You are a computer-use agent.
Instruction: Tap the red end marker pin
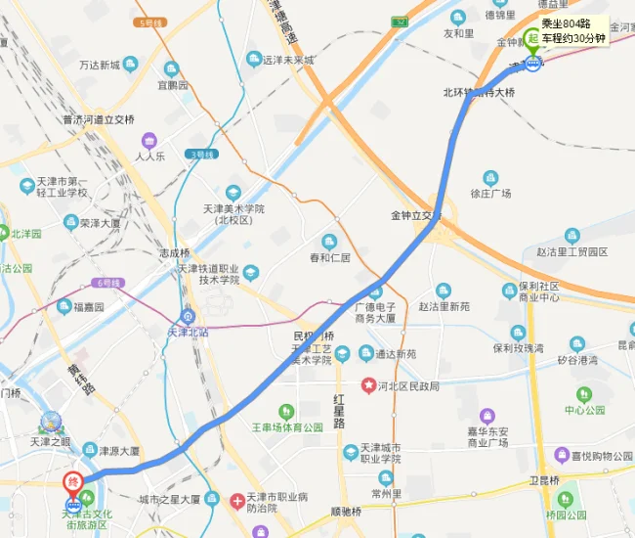click(x=73, y=483)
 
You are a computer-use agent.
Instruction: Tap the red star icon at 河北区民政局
click(x=369, y=385)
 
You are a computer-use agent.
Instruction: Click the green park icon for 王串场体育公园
click(x=287, y=412)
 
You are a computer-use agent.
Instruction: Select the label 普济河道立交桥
click(x=99, y=120)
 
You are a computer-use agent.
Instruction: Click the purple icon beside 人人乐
click(x=149, y=140)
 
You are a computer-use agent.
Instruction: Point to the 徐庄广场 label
click(x=490, y=193)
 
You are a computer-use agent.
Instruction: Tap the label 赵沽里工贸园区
click(x=571, y=251)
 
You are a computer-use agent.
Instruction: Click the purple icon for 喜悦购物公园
click(x=562, y=455)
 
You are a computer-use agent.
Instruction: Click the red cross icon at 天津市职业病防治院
click(x=237, y=501)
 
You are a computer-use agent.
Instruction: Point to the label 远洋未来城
click(x=287, y=60)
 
